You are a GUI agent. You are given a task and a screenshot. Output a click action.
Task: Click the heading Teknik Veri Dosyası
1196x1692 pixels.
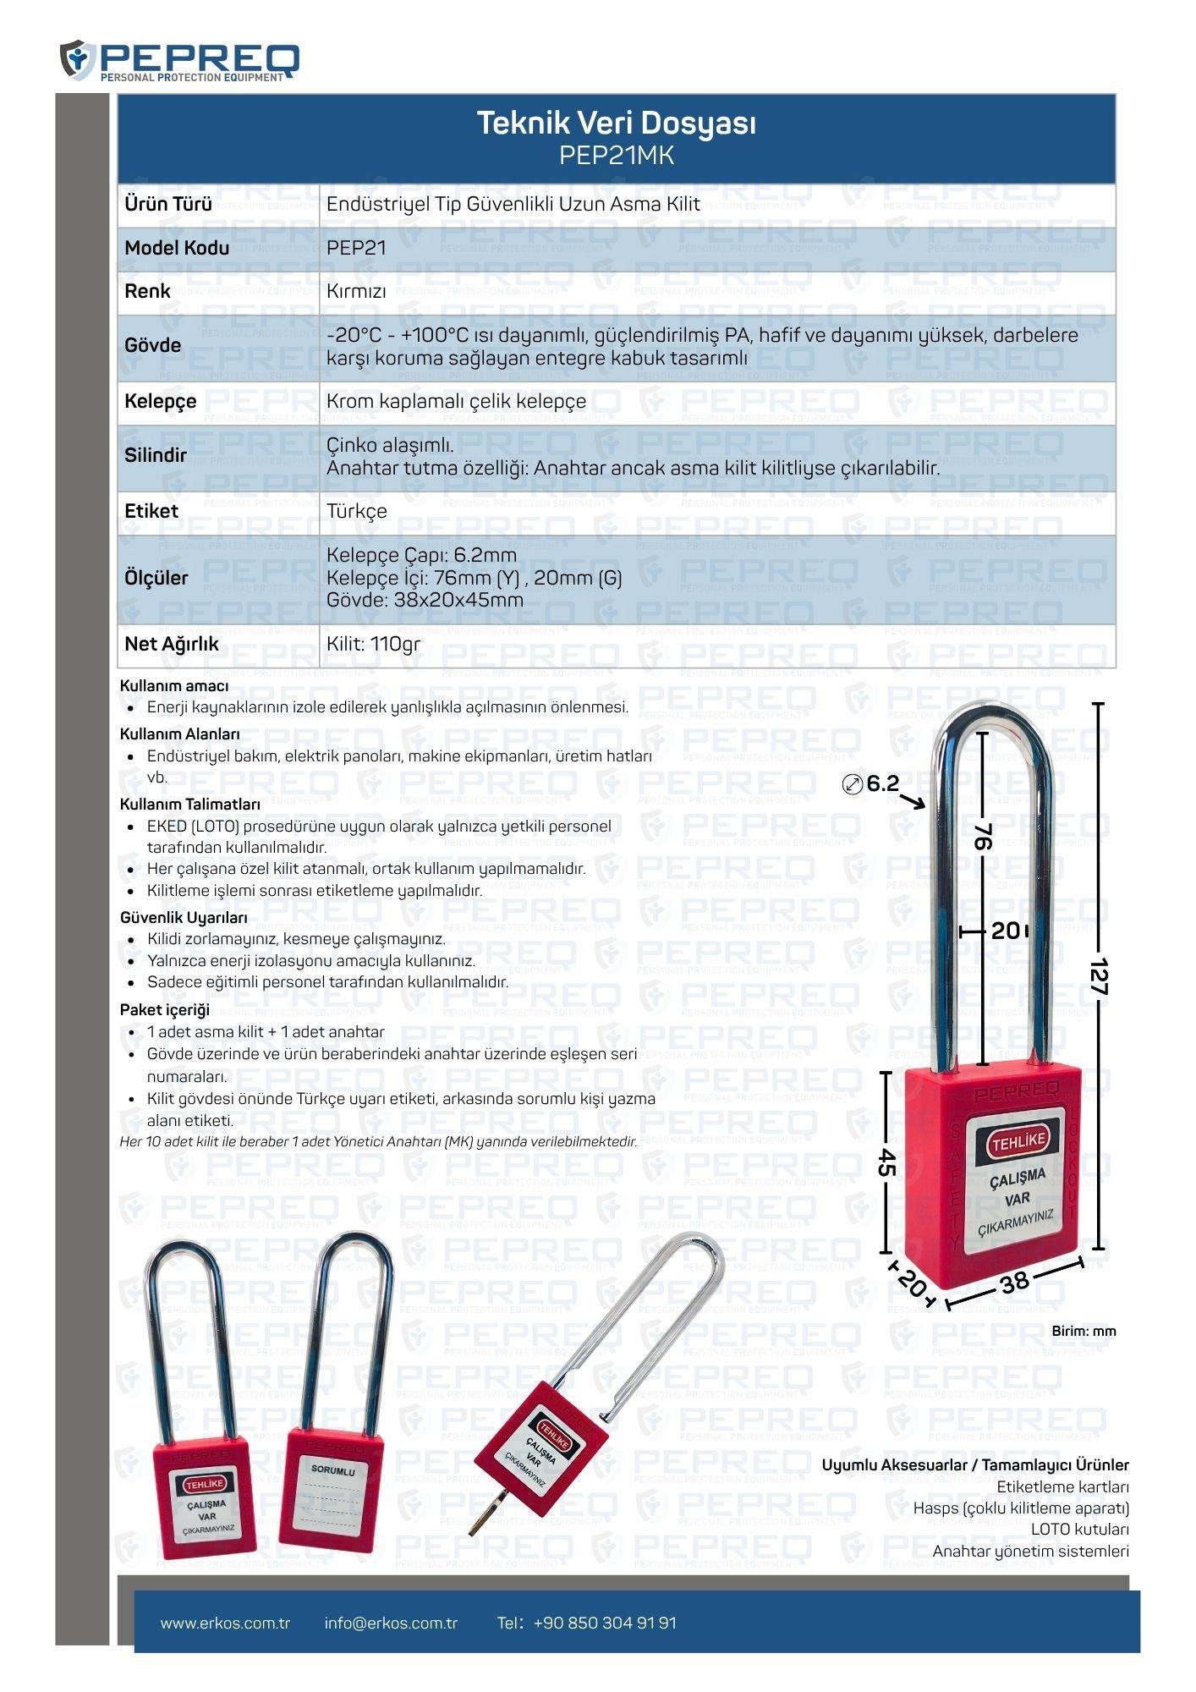(616, 124)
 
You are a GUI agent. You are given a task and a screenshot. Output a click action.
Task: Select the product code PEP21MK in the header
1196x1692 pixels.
(616, 156)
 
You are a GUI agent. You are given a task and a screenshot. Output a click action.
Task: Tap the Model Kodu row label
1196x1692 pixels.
(177, 248)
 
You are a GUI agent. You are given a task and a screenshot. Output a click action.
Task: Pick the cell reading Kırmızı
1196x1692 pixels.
(356, 292)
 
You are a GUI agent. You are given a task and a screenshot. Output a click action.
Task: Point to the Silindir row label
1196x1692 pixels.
(156, 455)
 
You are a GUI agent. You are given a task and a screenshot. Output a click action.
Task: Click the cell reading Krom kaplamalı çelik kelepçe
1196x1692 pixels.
(456, 401)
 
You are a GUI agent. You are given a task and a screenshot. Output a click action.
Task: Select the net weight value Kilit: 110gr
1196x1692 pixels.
(373, 644)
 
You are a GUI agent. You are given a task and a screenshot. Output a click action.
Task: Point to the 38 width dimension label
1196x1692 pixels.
(1014, 1282)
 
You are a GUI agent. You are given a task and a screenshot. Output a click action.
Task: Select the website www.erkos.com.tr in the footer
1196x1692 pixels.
(225, 1623)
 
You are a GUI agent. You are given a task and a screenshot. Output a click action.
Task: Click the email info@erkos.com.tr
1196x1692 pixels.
(391, 1623)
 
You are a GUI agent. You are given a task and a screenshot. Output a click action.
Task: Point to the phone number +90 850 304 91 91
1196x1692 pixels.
(605, 1623)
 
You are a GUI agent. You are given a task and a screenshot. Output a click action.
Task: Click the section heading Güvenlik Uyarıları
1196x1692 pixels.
(184, 918)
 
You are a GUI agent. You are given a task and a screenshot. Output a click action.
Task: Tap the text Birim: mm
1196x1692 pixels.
(1084, 1331)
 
